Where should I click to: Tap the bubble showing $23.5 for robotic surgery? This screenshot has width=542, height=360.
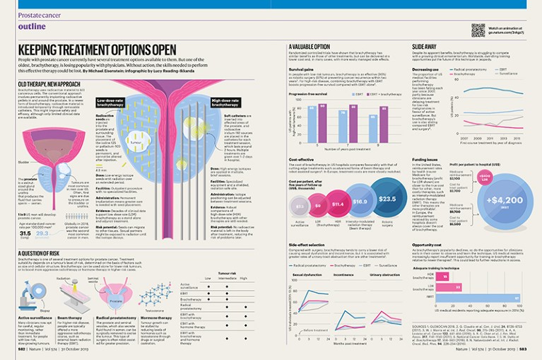[387, 199]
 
